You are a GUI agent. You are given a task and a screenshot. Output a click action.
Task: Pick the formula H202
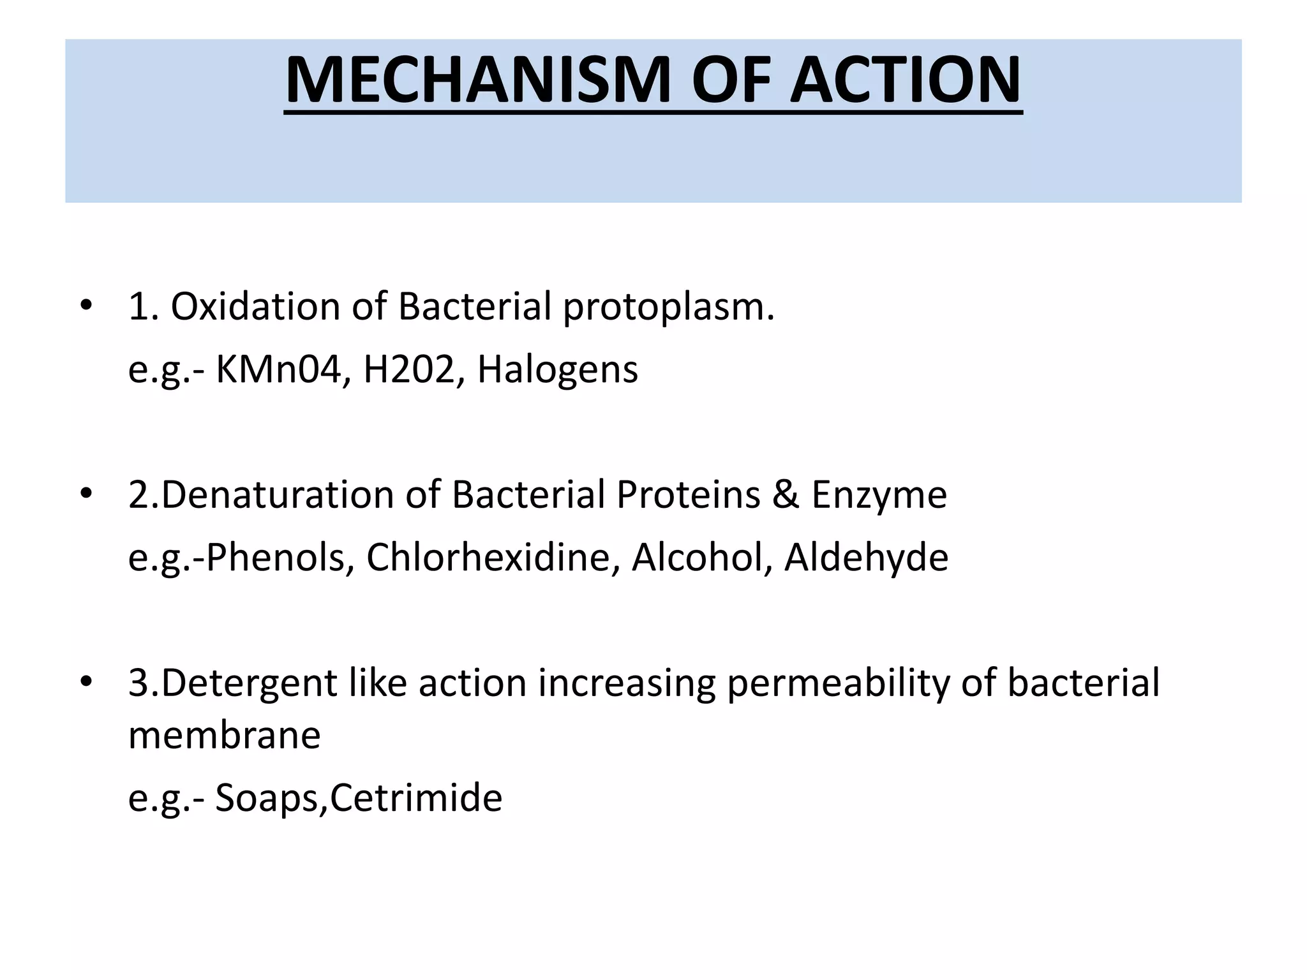coord(408,369)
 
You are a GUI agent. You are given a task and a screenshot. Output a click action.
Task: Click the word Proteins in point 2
coord(688,494)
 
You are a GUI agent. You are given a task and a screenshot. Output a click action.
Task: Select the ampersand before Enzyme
coord(786,494)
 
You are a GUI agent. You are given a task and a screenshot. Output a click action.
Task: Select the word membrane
coord(224,735)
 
